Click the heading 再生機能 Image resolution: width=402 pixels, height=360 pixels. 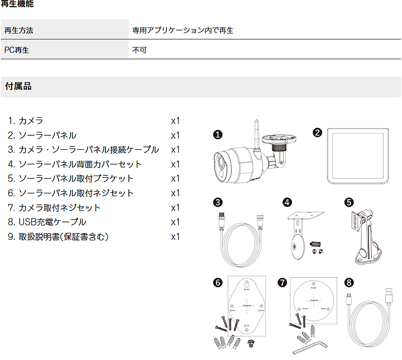[x=18, y=4]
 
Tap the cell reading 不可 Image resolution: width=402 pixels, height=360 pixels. [x=139, y=50]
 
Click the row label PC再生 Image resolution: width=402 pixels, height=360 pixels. [x=17, y=50]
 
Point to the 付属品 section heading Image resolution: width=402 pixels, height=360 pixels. [x=18, y=86]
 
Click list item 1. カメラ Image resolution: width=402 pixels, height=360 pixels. [x=26, y=121]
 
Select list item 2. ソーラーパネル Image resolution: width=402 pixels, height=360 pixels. [x=42, y=135]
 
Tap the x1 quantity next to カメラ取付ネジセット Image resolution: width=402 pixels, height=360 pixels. [x=175, y=207]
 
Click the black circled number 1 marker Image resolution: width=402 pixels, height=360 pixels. [x=218, y=134]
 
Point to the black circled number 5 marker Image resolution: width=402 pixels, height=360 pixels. [x=349, y=202]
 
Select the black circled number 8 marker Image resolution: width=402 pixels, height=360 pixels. [x=349, y=283]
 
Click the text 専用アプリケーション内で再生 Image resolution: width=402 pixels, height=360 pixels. [x=183, y=30]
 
